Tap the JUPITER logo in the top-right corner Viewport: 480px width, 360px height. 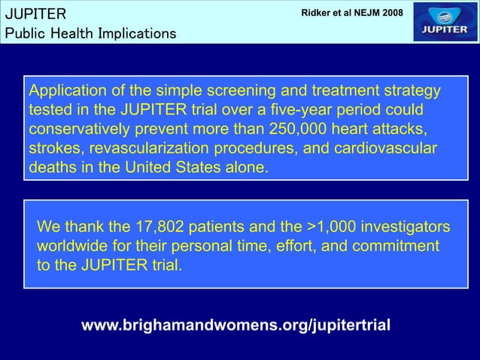(x=445, y=22)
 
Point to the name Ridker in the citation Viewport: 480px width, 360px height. (x=317, y=14)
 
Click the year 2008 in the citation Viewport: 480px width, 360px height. (x=399, y=14)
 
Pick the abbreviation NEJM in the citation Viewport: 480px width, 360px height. (x=369, y=14)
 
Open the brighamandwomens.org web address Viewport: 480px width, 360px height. (x=235, y=325)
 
